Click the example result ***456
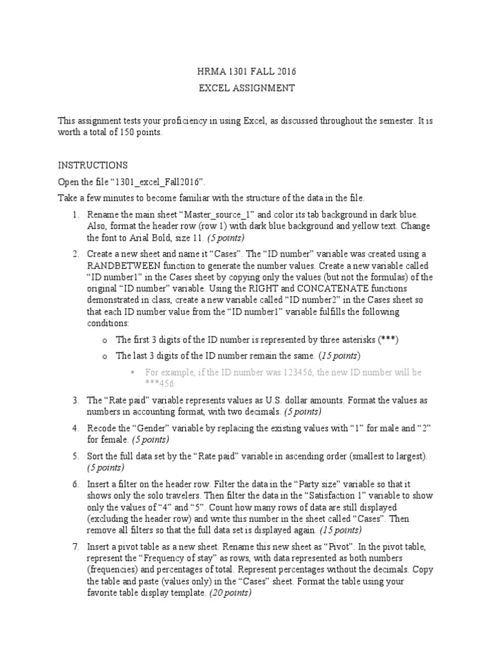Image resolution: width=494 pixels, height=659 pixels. (x=161, y=384)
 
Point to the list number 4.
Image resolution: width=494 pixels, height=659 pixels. (x=75, y=429)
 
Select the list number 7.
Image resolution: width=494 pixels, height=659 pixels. (x=75, y=546)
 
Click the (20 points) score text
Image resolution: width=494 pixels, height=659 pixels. (x=228, y=593)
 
